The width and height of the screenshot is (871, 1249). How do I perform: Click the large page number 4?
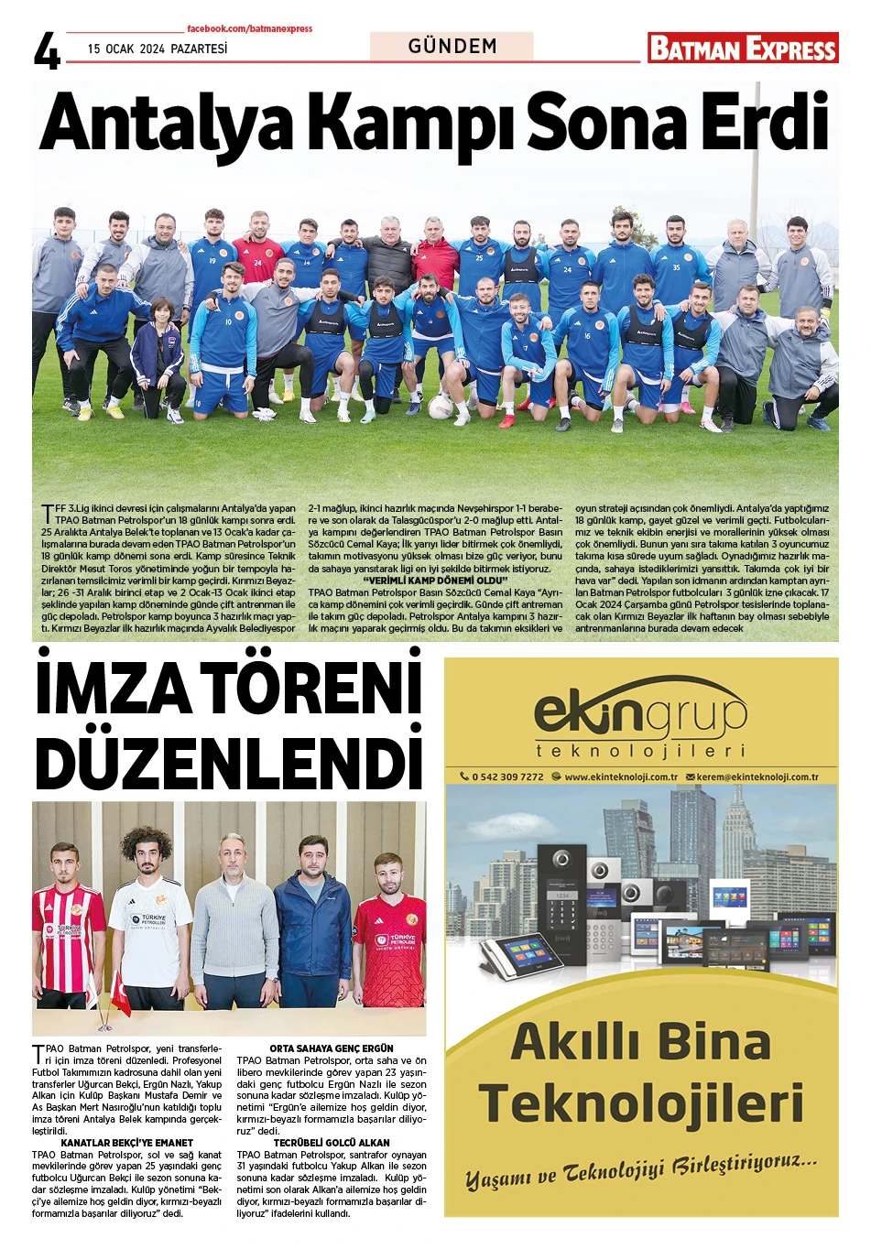[x=47, y=51]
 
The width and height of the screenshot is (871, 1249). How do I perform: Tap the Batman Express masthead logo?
[x=743, y=48]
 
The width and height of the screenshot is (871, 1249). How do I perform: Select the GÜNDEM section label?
[x=452, y=46]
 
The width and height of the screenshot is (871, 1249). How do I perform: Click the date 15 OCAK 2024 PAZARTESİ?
[x=158, y=49]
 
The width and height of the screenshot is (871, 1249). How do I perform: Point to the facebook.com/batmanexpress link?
[x=249, y=29]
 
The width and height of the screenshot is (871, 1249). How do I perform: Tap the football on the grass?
[x=441, y=407]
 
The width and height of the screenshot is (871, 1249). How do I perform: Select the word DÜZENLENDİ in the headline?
[x=229, y=761]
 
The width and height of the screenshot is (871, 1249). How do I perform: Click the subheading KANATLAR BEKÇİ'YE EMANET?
[x=126, y=1143]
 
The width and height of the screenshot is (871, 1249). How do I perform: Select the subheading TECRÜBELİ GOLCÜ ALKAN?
[x=332, y=1143]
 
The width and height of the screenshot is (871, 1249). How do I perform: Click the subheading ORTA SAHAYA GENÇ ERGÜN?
[x=332, y=1048]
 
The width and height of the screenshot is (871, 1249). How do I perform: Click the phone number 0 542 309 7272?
[x=506, y=777]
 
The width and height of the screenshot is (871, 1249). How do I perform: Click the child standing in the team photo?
[x=162, y=357]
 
